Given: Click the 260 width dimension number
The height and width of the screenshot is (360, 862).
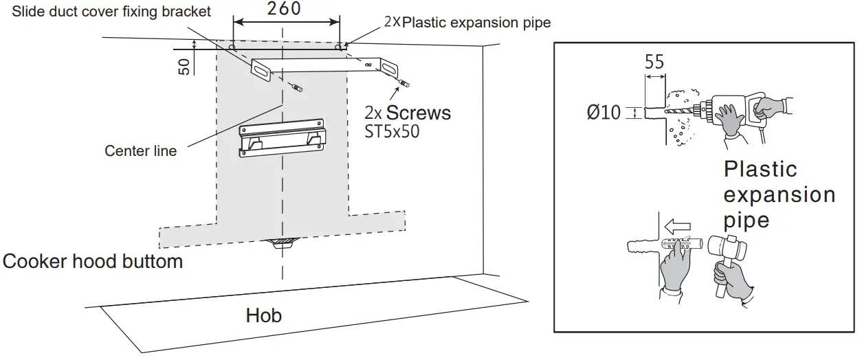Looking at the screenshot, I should (x=284, y=9).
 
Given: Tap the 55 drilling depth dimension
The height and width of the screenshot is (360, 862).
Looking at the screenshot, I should (x=654, y=62).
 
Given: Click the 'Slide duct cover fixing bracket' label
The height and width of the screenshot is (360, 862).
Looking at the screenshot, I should (x=112, y=12).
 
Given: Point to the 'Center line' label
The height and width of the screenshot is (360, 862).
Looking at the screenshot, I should (x=140, y=150).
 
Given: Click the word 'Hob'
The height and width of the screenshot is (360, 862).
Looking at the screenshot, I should (x=264, y=315).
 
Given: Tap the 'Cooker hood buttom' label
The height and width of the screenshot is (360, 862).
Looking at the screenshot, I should (x=93, y=262).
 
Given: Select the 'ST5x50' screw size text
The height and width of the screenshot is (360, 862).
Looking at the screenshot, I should (x=392, y=132).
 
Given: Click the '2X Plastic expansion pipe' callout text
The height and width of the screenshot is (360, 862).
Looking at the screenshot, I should (x=467, y=23).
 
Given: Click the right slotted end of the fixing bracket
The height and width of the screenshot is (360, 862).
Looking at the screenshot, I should (x=388, y=67).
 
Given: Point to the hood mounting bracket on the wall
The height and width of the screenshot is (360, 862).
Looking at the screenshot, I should (x=281, y=138).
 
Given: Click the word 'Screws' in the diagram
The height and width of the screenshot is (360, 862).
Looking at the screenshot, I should (x=419, y=113).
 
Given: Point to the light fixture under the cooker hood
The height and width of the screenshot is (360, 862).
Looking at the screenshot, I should (x=281, y=243).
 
